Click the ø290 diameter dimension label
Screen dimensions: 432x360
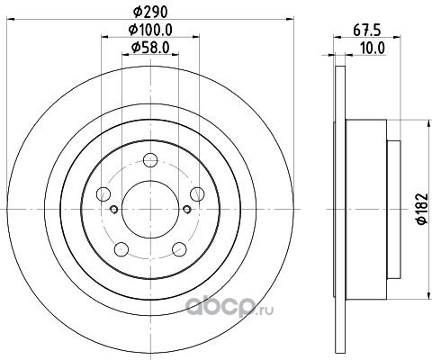click(x=149, y=12)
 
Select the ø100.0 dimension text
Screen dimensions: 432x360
click(x=150, y=30)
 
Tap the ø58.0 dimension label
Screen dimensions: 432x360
click(x=150, y=47)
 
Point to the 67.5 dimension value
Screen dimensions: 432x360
click(x=366, y=31)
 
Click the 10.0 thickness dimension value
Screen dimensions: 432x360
click(x=372, y=48)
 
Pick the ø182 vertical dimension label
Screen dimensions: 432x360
click(x=422, y=209)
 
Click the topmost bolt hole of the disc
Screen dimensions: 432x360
click(x=150, y=160)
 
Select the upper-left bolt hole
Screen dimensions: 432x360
click(x=103, y=193)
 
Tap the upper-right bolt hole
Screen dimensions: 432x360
click(x=197, y=193)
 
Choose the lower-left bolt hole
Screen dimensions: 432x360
click(x=121, y=249)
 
